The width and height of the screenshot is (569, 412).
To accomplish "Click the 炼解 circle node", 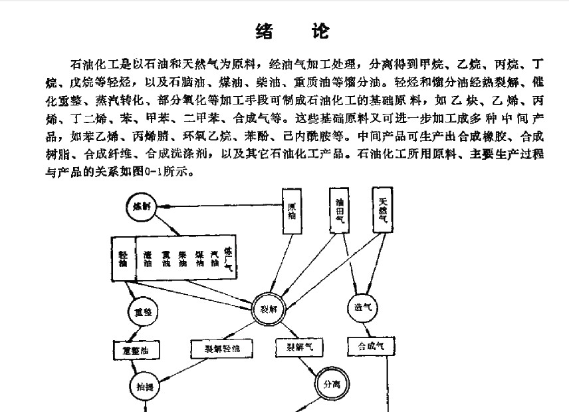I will (141, 207).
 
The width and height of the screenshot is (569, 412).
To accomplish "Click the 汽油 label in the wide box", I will (213, 259).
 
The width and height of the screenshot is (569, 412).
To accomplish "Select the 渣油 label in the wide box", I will (147, 259).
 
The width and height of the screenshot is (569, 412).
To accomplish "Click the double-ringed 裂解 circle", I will (268, 308).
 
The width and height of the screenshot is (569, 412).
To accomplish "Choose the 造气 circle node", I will (362, 308).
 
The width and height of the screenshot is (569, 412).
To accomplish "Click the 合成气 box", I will (371, 346).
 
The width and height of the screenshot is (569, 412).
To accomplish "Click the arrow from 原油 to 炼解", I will (219, 207).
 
